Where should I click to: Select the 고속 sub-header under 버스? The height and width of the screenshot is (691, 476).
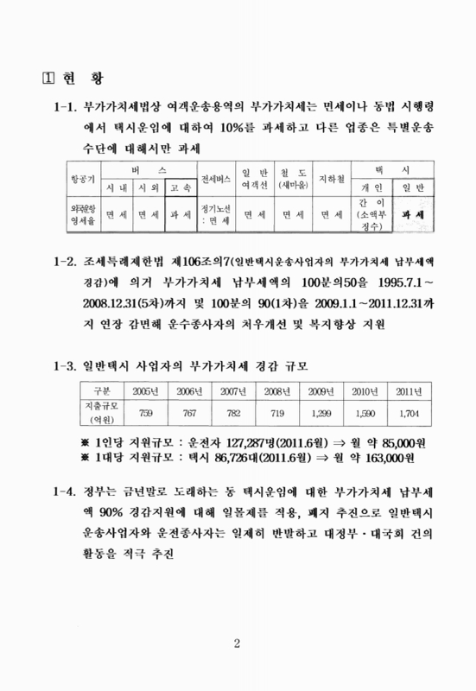[x=181, y=187]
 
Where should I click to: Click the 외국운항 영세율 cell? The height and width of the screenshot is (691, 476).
[x=84, y=214]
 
